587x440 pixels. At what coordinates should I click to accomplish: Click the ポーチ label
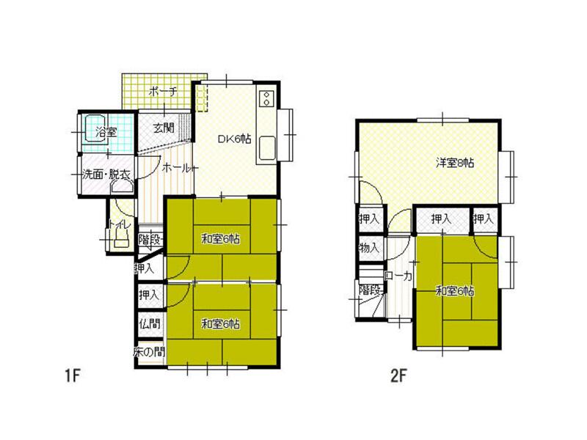(x=162, y=92)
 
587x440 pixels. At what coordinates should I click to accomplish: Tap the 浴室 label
(x=106, y=133)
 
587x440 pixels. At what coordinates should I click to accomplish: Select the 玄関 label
(x=164, y=127)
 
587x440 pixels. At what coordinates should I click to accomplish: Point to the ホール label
(x=176, y=168)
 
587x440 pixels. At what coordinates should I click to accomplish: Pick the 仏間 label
(x=149, y=322)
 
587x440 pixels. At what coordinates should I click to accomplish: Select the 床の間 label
(x=149, y=352)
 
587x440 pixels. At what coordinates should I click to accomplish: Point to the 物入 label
(x=368, y=248)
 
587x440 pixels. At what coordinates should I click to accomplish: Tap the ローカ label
(x=398, y=276)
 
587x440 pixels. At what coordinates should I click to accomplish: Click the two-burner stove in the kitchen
(x=266, y=98)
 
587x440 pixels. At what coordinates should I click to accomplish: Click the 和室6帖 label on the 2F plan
(x=454, y=291)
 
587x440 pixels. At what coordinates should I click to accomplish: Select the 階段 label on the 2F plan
(x=369, y=290)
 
